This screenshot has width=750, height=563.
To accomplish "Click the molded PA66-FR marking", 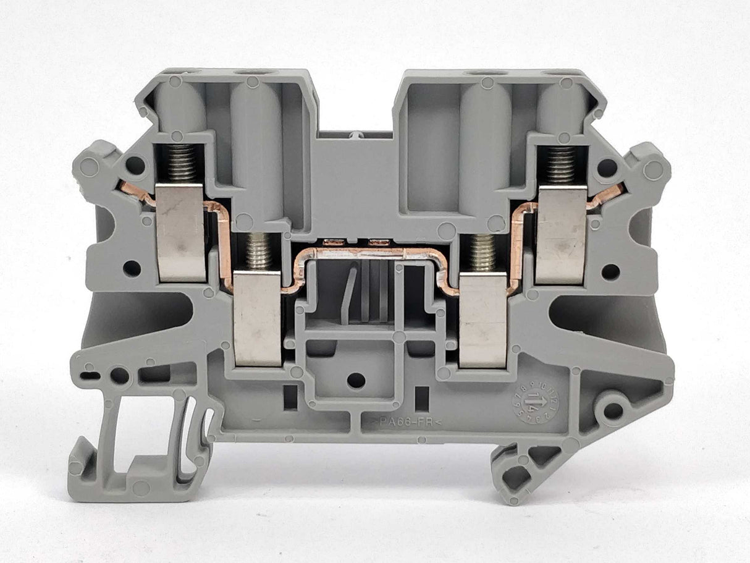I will (406, 423).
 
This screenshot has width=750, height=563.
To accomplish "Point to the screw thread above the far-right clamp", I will (561, 165).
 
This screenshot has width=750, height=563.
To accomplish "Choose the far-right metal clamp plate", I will (561, 235).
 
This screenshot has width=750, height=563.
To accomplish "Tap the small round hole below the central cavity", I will (356, 380).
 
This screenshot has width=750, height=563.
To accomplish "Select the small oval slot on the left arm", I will (91, 375).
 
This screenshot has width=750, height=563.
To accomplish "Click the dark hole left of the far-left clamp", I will (132, 268).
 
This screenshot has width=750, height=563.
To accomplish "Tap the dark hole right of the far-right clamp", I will (610, 271).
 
